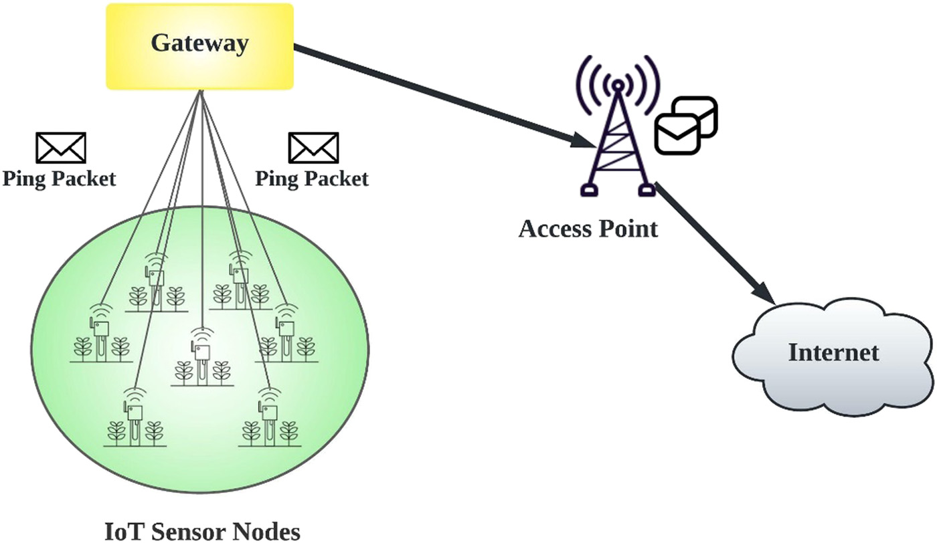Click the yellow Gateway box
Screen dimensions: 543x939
[199, 45]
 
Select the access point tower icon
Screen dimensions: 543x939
[618, 144]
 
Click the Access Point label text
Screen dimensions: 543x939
[588, 229]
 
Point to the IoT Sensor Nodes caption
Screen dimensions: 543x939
[202, 532]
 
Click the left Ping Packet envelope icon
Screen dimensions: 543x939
[60, 147]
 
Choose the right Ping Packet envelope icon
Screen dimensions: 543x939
[313, 147]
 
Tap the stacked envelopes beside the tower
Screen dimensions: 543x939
[686, 125]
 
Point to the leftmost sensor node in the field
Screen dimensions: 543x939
[100, 334]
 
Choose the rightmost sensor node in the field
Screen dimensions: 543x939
[286, 334]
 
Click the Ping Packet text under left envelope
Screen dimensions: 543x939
[59, 179]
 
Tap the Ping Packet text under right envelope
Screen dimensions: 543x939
[312, 179]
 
